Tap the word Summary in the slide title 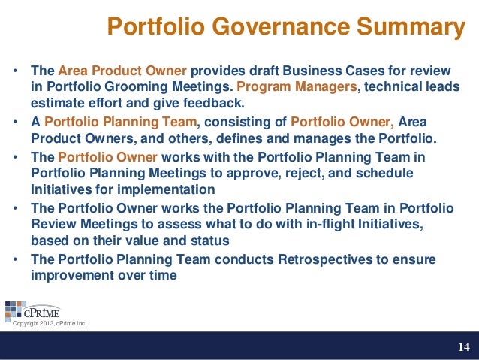click(x=405, y=28)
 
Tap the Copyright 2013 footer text click(x=50, y=324)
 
